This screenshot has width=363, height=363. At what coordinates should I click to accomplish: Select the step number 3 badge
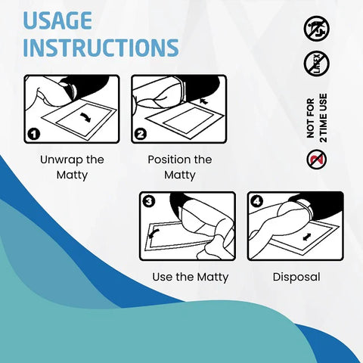coord(148,201)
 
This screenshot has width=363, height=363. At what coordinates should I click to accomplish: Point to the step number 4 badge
coord(256,201)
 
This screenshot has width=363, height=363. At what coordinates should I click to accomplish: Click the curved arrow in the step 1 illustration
coord(85,118)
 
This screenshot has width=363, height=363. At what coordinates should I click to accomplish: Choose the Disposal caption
coord(296,277)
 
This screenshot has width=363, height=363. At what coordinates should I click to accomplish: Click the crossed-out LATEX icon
coord(316,64)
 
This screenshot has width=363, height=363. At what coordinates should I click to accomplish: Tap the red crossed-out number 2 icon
coord(316,160)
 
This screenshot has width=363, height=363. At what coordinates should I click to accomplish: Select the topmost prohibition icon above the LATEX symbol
coord(316,29)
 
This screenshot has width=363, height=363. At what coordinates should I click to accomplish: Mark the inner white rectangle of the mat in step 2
coord(185,118)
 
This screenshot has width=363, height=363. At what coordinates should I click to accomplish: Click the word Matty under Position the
coord(179,175)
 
